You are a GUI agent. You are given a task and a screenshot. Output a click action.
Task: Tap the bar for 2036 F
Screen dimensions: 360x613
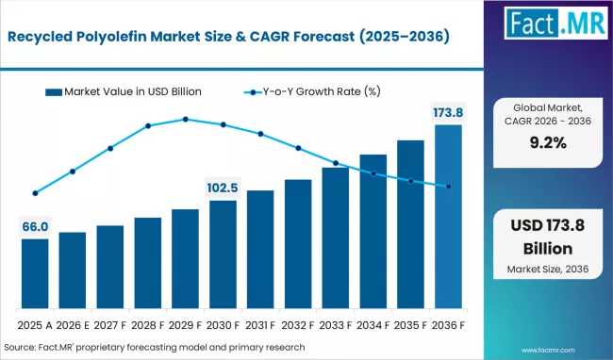coord(448,217)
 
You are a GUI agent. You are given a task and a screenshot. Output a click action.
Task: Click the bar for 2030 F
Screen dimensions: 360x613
coord(223,254)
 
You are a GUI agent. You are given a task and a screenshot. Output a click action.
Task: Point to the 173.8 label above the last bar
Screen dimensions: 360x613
coord(448,113)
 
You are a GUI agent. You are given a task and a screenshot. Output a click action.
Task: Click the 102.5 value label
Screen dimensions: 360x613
coord(223,188)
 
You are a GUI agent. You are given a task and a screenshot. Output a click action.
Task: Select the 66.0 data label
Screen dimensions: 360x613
coord(35,227)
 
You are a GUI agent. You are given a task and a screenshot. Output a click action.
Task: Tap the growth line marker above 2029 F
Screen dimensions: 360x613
coord(186,120)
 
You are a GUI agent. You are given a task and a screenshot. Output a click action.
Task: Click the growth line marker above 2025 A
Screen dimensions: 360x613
coord(35,193)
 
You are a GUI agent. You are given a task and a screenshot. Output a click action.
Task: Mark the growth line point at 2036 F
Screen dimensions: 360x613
coord(448,187)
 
